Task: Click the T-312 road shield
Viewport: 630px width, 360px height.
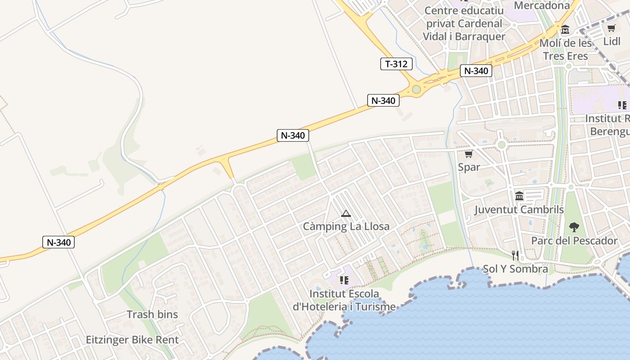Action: click(396, 64)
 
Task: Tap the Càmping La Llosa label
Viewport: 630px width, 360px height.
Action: click(346, 226)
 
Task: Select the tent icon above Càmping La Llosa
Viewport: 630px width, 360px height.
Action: click(346, 213)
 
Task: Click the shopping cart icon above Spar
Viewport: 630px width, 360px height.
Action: click(468, 154)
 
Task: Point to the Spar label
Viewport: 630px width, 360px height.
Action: click(469, 167)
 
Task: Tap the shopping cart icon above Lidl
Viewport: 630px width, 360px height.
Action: click(611, 28)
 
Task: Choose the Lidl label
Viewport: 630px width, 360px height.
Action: click(612, 41)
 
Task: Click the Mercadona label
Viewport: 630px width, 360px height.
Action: click(542, 5)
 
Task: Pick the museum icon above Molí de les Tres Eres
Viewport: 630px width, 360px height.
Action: click(565, 30)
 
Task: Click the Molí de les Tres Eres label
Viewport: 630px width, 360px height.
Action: click(566, 49)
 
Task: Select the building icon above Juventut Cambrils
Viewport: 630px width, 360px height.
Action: click(519, 196)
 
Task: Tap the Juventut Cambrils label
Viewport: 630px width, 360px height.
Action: click(519, 210)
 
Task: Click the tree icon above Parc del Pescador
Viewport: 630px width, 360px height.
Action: click(574, 227)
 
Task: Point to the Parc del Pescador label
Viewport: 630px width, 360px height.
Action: click(574, 241)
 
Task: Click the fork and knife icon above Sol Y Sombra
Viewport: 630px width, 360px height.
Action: click(515, 256)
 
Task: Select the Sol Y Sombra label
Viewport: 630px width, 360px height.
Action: click(515, 269)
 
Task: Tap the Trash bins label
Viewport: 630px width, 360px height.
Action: click(152, 315)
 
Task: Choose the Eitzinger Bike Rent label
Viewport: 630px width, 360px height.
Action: click(132, 340)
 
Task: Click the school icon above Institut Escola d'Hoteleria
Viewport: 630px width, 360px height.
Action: click(344, 280)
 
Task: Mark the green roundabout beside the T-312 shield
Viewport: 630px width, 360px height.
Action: click(416, 89)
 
